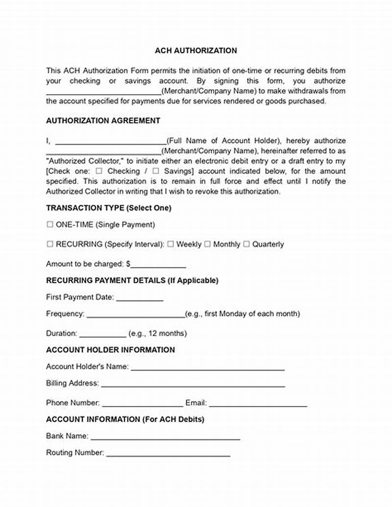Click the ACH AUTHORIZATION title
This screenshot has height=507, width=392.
pyautogui.click(x=196, y=51)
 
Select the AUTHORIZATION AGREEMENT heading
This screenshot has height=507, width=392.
pyautogui.click(x=103, y=121)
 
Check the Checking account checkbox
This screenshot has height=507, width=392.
pyautogui.click(x=99, y=171)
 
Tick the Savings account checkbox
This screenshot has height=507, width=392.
pyautogui.click(x=156, y=171)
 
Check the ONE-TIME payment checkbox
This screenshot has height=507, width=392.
pyautogui.click(x=49, y=225)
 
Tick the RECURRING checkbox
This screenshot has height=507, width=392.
pyautogui.click(x=49, y=244)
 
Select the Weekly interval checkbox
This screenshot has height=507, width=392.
pyautogui.click(x=170, y=244)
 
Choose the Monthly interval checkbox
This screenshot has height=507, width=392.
pyautogui.click(x=207, y=244)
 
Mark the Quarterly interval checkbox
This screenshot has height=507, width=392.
pyautogui.click(x=246, y=244)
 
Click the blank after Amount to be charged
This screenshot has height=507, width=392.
pyautogui.click(x=158, y=265)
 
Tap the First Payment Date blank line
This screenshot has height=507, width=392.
pyautogui.click(x=139, y=298)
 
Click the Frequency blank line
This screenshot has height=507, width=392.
pyautogui.click(x=135, y=314)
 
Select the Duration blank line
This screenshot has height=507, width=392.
pyautogui.click(x=102, y=334)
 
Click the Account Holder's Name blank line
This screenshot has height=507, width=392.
pyautogui.click(x=207, y=367)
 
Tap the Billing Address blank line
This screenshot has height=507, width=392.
pyautogui.click(x=193, y=384)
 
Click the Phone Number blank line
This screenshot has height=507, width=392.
pyautogui.click(x=142, y=404)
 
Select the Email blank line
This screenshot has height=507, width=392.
pyautogui.click(x=258, y=404)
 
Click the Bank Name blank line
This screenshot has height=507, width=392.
pyautogui.click(x=165, y=436)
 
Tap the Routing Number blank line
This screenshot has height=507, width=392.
pyautogui.click(x=168, y=454)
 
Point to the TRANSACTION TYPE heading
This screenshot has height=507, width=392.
pyautogui.click(x=108, y=208)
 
